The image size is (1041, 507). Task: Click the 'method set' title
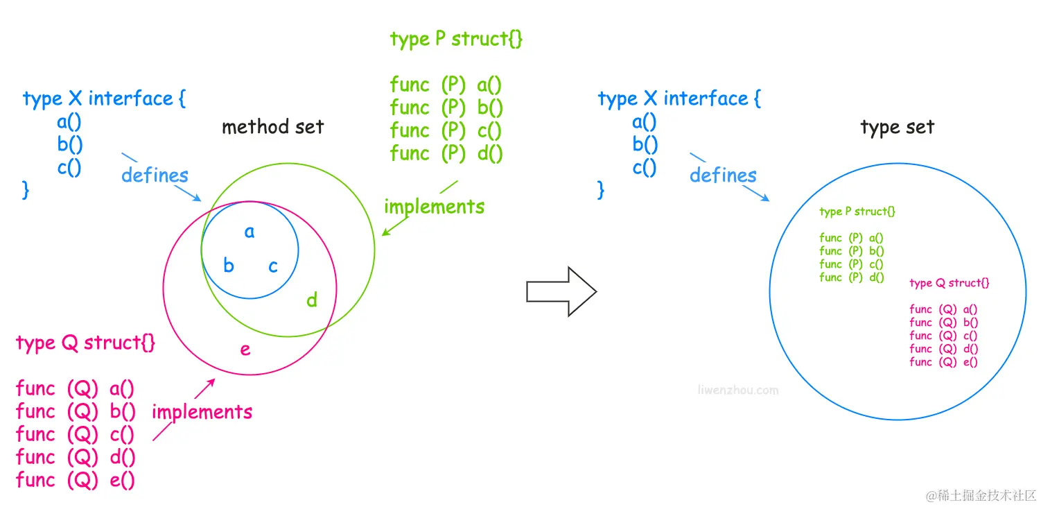(x=272, y=127)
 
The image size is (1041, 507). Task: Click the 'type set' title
(x=897, y=128)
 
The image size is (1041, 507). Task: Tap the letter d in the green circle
(x=312, y=300)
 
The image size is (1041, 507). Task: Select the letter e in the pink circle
(x=245, y=349)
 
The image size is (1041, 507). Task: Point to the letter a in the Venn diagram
(x=250, y=232)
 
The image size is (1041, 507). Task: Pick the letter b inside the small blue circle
(x=228, y=265)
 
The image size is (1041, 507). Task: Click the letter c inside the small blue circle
(x=273, y=266)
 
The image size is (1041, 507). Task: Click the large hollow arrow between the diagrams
(x=561, y=291)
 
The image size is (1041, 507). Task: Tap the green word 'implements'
(x=434, y=206)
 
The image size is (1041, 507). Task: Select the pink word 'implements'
(x=202, y=412)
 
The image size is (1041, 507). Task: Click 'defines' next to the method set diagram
(x=155, y=175)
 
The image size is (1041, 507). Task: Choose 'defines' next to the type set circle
(x=723, y=175)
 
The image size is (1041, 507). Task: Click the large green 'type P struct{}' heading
(x=456, y=39)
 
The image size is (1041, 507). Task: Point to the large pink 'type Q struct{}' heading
(x=85, y=343)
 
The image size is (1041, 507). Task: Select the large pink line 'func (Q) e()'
(x=75, y=480)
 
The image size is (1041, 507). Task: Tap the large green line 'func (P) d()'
(x=446, y=153)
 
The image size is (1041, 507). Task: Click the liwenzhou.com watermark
(x=737, y=390)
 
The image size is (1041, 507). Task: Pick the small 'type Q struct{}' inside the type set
(x=949, y=283)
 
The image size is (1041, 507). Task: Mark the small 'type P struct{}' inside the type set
(x=857, y=212)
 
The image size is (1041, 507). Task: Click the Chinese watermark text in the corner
(x=980, y=495)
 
